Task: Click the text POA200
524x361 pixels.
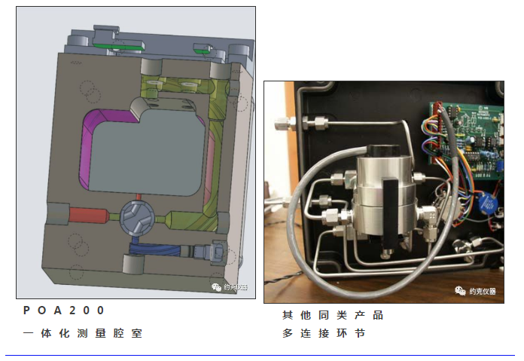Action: click(x=64, y=310)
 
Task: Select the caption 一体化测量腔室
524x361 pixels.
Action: click(x=82, y=333)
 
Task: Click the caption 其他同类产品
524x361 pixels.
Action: click(x=333, y=314)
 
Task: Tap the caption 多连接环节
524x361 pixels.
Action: click(x=324, y=333)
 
